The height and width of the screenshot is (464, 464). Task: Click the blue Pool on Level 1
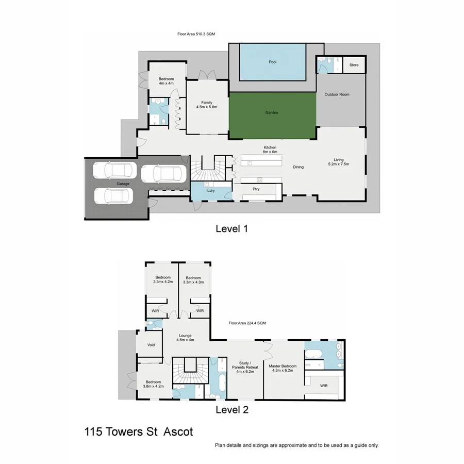272,62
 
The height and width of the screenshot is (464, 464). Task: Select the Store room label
354,65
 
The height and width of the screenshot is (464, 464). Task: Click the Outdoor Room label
337,94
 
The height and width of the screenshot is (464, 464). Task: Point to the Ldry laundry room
211,191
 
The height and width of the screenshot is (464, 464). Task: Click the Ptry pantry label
256,189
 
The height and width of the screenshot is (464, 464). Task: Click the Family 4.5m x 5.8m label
207,105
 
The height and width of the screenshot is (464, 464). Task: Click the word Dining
299,167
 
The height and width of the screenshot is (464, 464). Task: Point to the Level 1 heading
231,228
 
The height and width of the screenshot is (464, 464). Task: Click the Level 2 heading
231,410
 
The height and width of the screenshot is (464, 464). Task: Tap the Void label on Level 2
151,345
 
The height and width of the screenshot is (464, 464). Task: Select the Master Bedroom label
283,368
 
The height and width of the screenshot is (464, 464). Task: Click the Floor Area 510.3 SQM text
196,34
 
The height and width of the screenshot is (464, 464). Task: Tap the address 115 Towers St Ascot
139,432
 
